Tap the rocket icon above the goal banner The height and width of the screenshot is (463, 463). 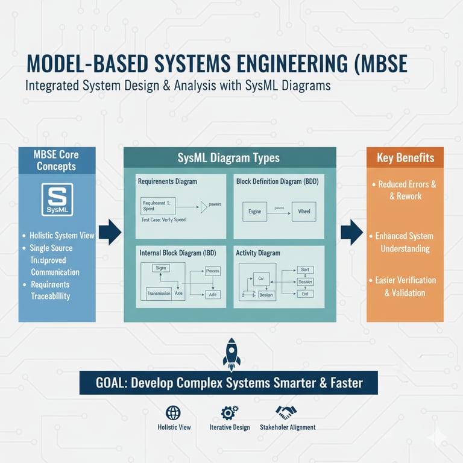(231, 354)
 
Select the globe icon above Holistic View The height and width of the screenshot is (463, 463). (173, 412)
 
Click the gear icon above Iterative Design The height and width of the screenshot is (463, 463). (229, 412)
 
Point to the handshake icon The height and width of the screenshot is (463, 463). (286, 412)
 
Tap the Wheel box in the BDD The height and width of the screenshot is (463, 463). (303, 212)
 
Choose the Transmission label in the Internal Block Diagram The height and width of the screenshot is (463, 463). (159, 294)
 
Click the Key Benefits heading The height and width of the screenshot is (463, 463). (405, 158)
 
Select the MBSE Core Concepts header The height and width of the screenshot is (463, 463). (57, 160)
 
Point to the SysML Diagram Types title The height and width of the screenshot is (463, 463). (228, 158)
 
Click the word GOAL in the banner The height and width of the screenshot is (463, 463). (112, 382)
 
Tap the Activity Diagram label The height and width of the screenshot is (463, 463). (258, 253)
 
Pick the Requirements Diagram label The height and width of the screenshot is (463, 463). (167, 181)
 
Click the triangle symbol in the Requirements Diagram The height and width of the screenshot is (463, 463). (204, 207)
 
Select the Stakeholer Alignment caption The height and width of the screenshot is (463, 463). (287, 427)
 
